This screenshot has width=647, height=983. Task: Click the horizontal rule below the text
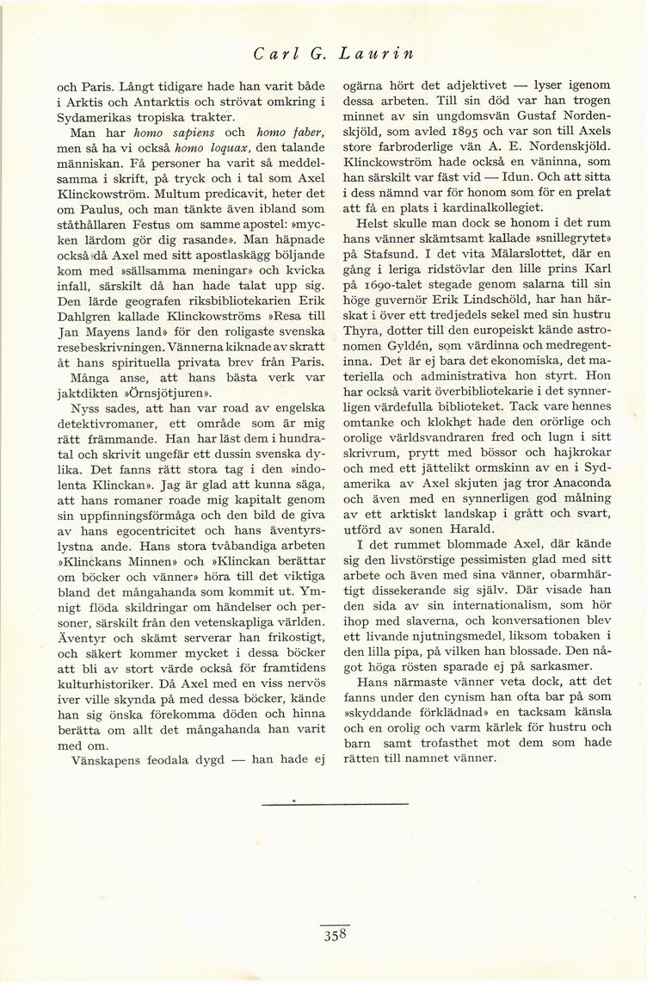(x=335, y=804)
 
